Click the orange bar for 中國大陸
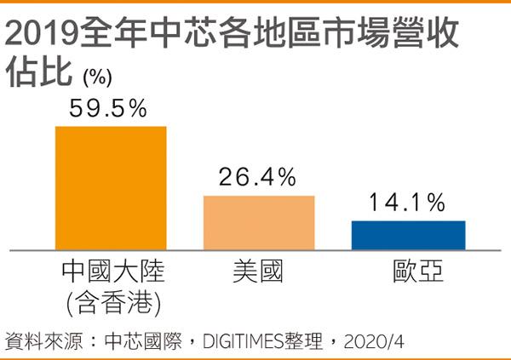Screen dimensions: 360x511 [x=111, y=188]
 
